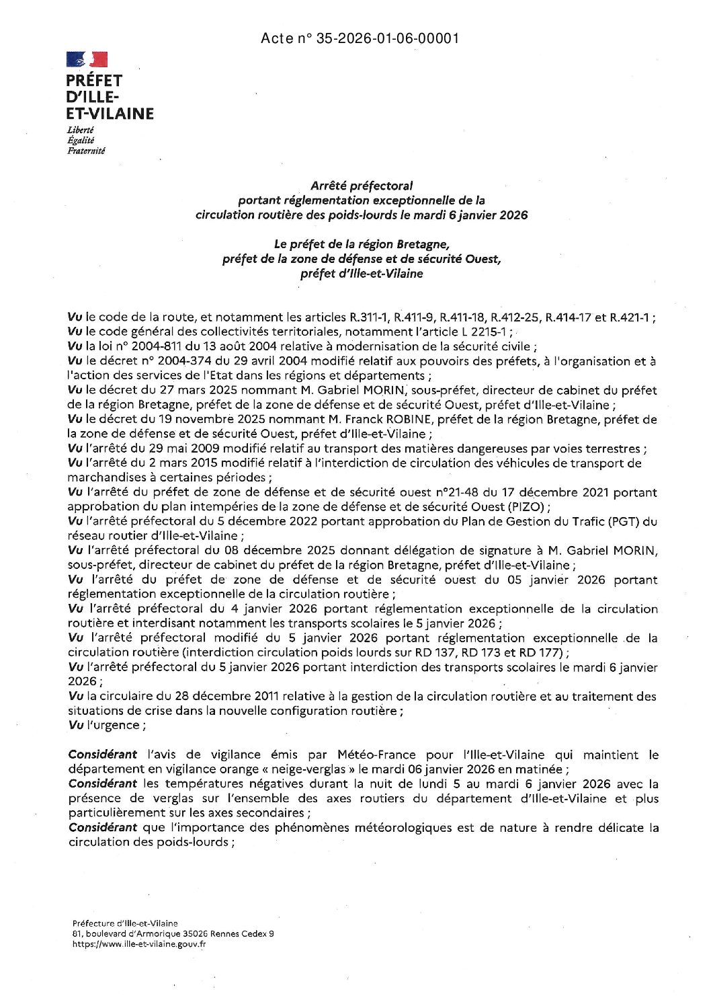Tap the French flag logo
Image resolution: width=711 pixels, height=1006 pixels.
click(86, 61)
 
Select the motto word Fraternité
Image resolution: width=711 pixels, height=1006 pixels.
click(86, 151)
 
